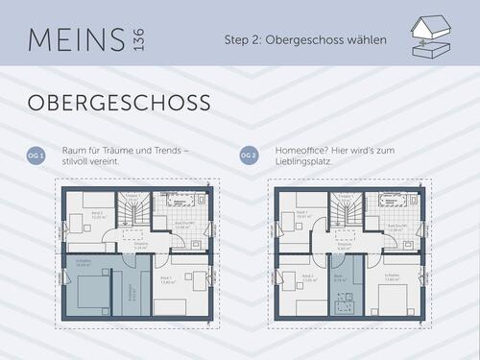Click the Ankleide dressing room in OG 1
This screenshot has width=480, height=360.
132,293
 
